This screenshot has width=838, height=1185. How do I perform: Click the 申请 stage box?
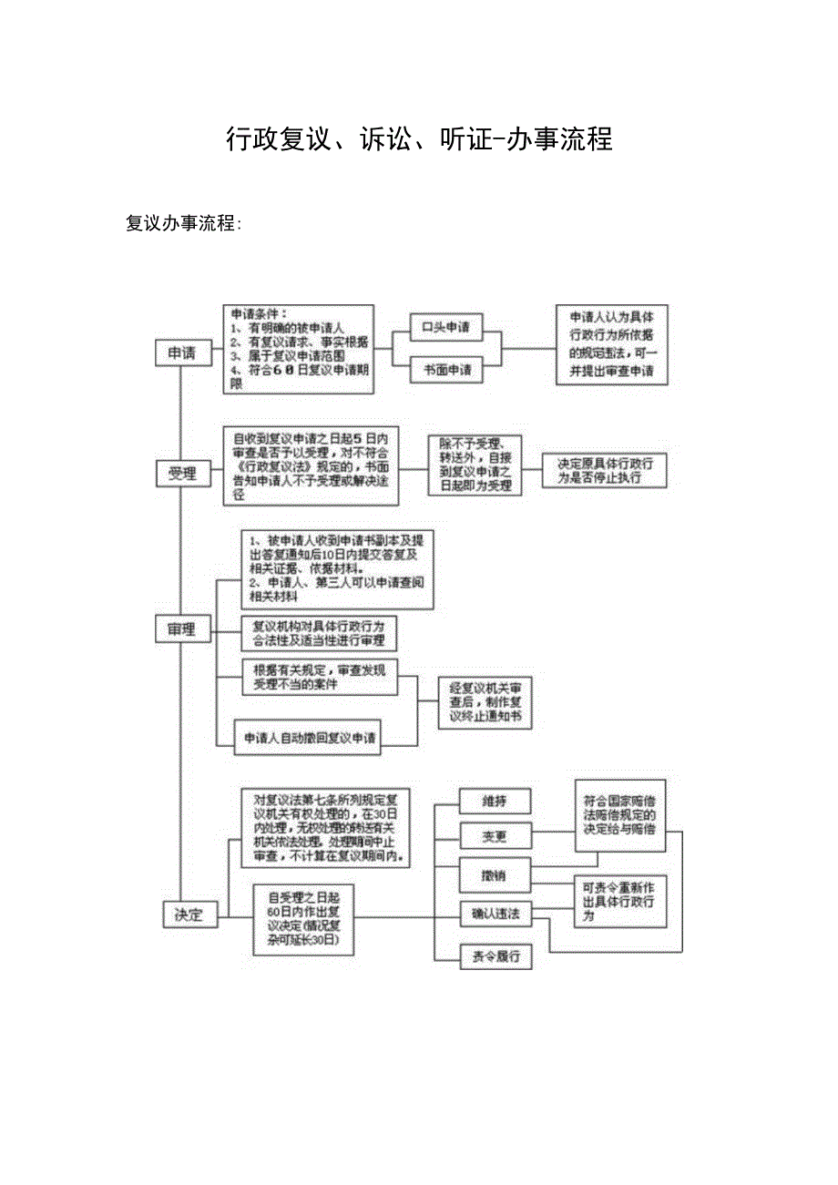pos(182,353)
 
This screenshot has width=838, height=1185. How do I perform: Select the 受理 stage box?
pos(182,474)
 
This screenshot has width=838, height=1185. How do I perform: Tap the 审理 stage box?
pos(182,628)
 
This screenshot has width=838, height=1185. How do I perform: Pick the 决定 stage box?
pos(189,914)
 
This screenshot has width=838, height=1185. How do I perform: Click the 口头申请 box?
pos(446,328)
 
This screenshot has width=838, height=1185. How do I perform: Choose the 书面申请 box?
pos(446,371)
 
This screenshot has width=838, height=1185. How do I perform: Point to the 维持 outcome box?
pos(495,801)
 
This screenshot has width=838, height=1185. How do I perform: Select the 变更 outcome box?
pos(495,836)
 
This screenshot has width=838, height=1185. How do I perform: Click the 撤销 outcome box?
pos(495,874)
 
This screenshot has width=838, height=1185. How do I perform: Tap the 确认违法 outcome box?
pos(495,914)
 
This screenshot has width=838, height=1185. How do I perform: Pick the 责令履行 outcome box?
pos(495,956)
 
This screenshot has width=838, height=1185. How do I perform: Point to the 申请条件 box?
pos(299,349)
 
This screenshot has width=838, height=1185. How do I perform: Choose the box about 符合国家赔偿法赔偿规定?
pos(619,815)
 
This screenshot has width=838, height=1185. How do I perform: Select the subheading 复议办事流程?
pos(183,223)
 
